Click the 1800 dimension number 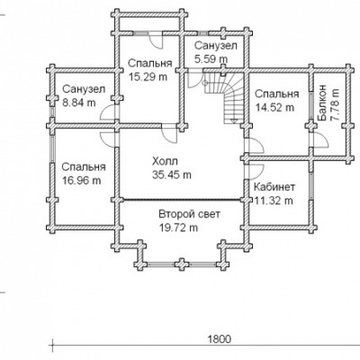point(220,339)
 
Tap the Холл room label point(165,161)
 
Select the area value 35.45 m point(171,175)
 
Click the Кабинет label point(274,187)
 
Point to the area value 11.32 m point(274,201)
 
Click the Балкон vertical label point(321,103)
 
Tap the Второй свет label point(189,214)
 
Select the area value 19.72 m point(178,228)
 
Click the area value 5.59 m point(211,58)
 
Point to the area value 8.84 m point(79,103)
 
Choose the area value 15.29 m point(148,76)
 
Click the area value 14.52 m point(274,107)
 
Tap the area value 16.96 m point(82,180)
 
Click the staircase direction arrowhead point(234,121)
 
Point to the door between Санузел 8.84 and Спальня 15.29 point(107,113)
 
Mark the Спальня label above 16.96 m point(84,166)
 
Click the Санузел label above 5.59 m point(216,46)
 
